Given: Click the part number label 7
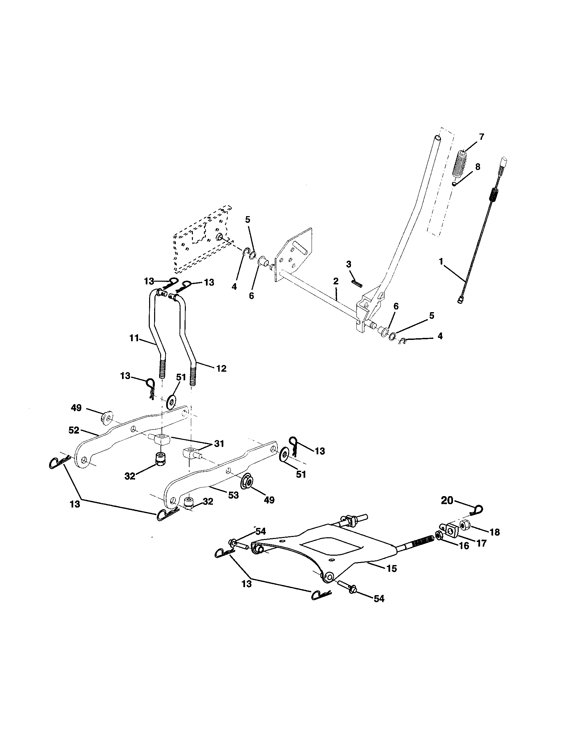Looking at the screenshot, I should (x=481, y=137).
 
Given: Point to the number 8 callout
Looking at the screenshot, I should (x=478, y=167).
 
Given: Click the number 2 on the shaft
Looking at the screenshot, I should (x=336, y=281).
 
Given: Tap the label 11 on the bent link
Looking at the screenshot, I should (x=134, y=338).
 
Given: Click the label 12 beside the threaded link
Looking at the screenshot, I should (x=221, y=368).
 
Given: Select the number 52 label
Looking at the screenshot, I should (x=74, y=430).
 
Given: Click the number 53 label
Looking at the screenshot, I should (x=233, y=495).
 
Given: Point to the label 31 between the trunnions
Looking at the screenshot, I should (x=219, y=444).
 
